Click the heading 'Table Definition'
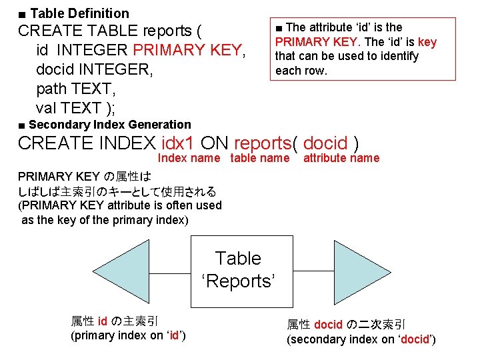pos(79,13)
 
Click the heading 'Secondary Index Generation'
pos(109,124)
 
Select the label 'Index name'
pos(189,158)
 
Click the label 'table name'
pos(260,158)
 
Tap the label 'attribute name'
pos(341,158)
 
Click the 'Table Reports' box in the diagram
pos(239,270)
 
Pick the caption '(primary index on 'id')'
pos(128,335)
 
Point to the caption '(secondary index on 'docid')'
pos(361,340)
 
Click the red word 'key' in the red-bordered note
pos(427,42)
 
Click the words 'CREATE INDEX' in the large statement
pos(87,143)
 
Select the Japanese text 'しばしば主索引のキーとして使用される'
pos(117,191)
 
